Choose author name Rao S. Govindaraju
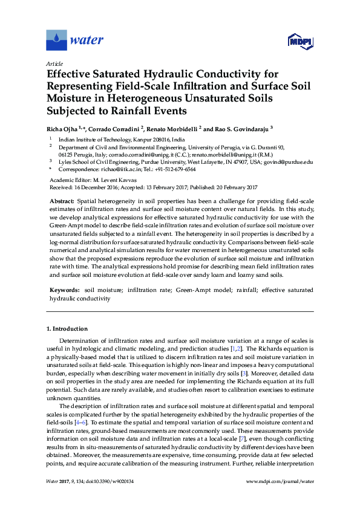tap(240, 128)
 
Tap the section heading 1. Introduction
tap(69, 329)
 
